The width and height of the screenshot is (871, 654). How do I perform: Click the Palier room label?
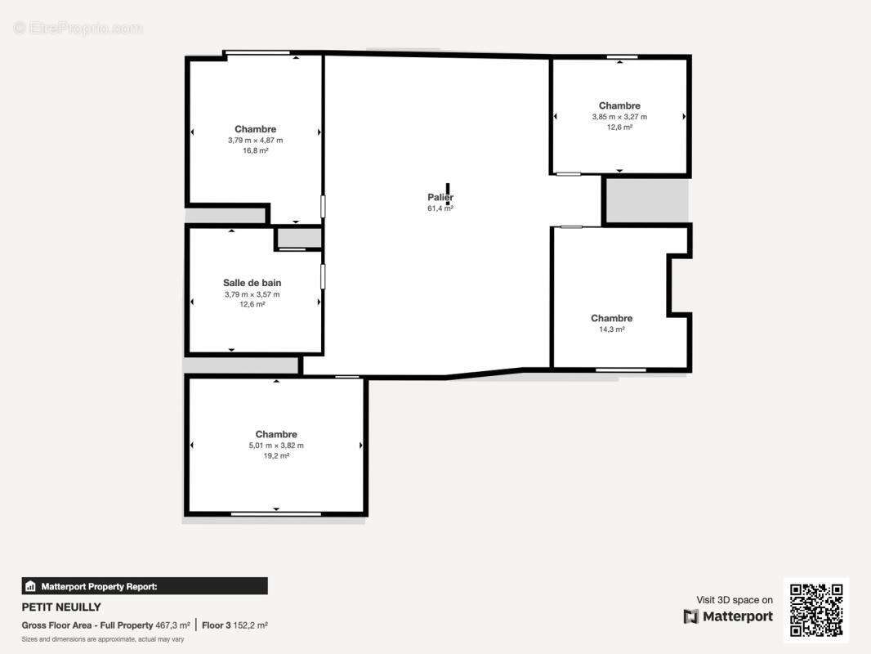(440, 197)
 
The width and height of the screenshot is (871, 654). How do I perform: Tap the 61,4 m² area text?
(440, 208)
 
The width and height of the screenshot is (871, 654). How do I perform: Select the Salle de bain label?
(252, 283)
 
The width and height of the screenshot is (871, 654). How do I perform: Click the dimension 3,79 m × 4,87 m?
(256, 140)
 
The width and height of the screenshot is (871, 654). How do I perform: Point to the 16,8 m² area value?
(256, 150)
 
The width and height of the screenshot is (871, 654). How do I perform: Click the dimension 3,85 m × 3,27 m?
(619, 117)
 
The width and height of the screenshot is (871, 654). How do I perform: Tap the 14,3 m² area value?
(612, 329)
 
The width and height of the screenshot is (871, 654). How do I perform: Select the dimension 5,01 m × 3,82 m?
(276, 446)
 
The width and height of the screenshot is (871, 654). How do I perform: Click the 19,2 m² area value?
(276, 456)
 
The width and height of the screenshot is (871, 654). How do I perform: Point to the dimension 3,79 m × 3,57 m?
(252, 294)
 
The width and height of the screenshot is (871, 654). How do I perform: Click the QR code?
(816, 610)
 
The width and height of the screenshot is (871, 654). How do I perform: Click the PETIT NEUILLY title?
(61, 607)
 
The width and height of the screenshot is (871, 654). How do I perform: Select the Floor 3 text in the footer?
(216, 625)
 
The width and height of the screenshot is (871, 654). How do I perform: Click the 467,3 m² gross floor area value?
(172, 625)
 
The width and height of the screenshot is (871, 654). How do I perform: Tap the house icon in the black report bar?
(30, 586)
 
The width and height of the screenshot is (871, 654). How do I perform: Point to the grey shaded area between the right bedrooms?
(647, 200)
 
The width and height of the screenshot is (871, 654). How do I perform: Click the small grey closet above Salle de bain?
(299, 238)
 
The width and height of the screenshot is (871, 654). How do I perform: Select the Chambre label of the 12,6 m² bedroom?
(619, 105)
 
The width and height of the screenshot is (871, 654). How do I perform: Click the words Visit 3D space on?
(735, 600)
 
